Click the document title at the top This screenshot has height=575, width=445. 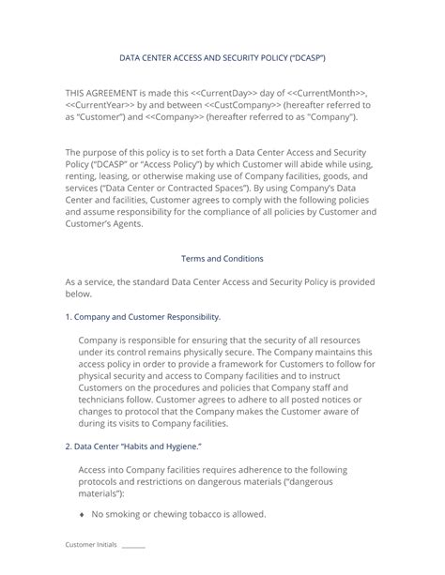click(222, 57)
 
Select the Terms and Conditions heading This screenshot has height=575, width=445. click(222, 258)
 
